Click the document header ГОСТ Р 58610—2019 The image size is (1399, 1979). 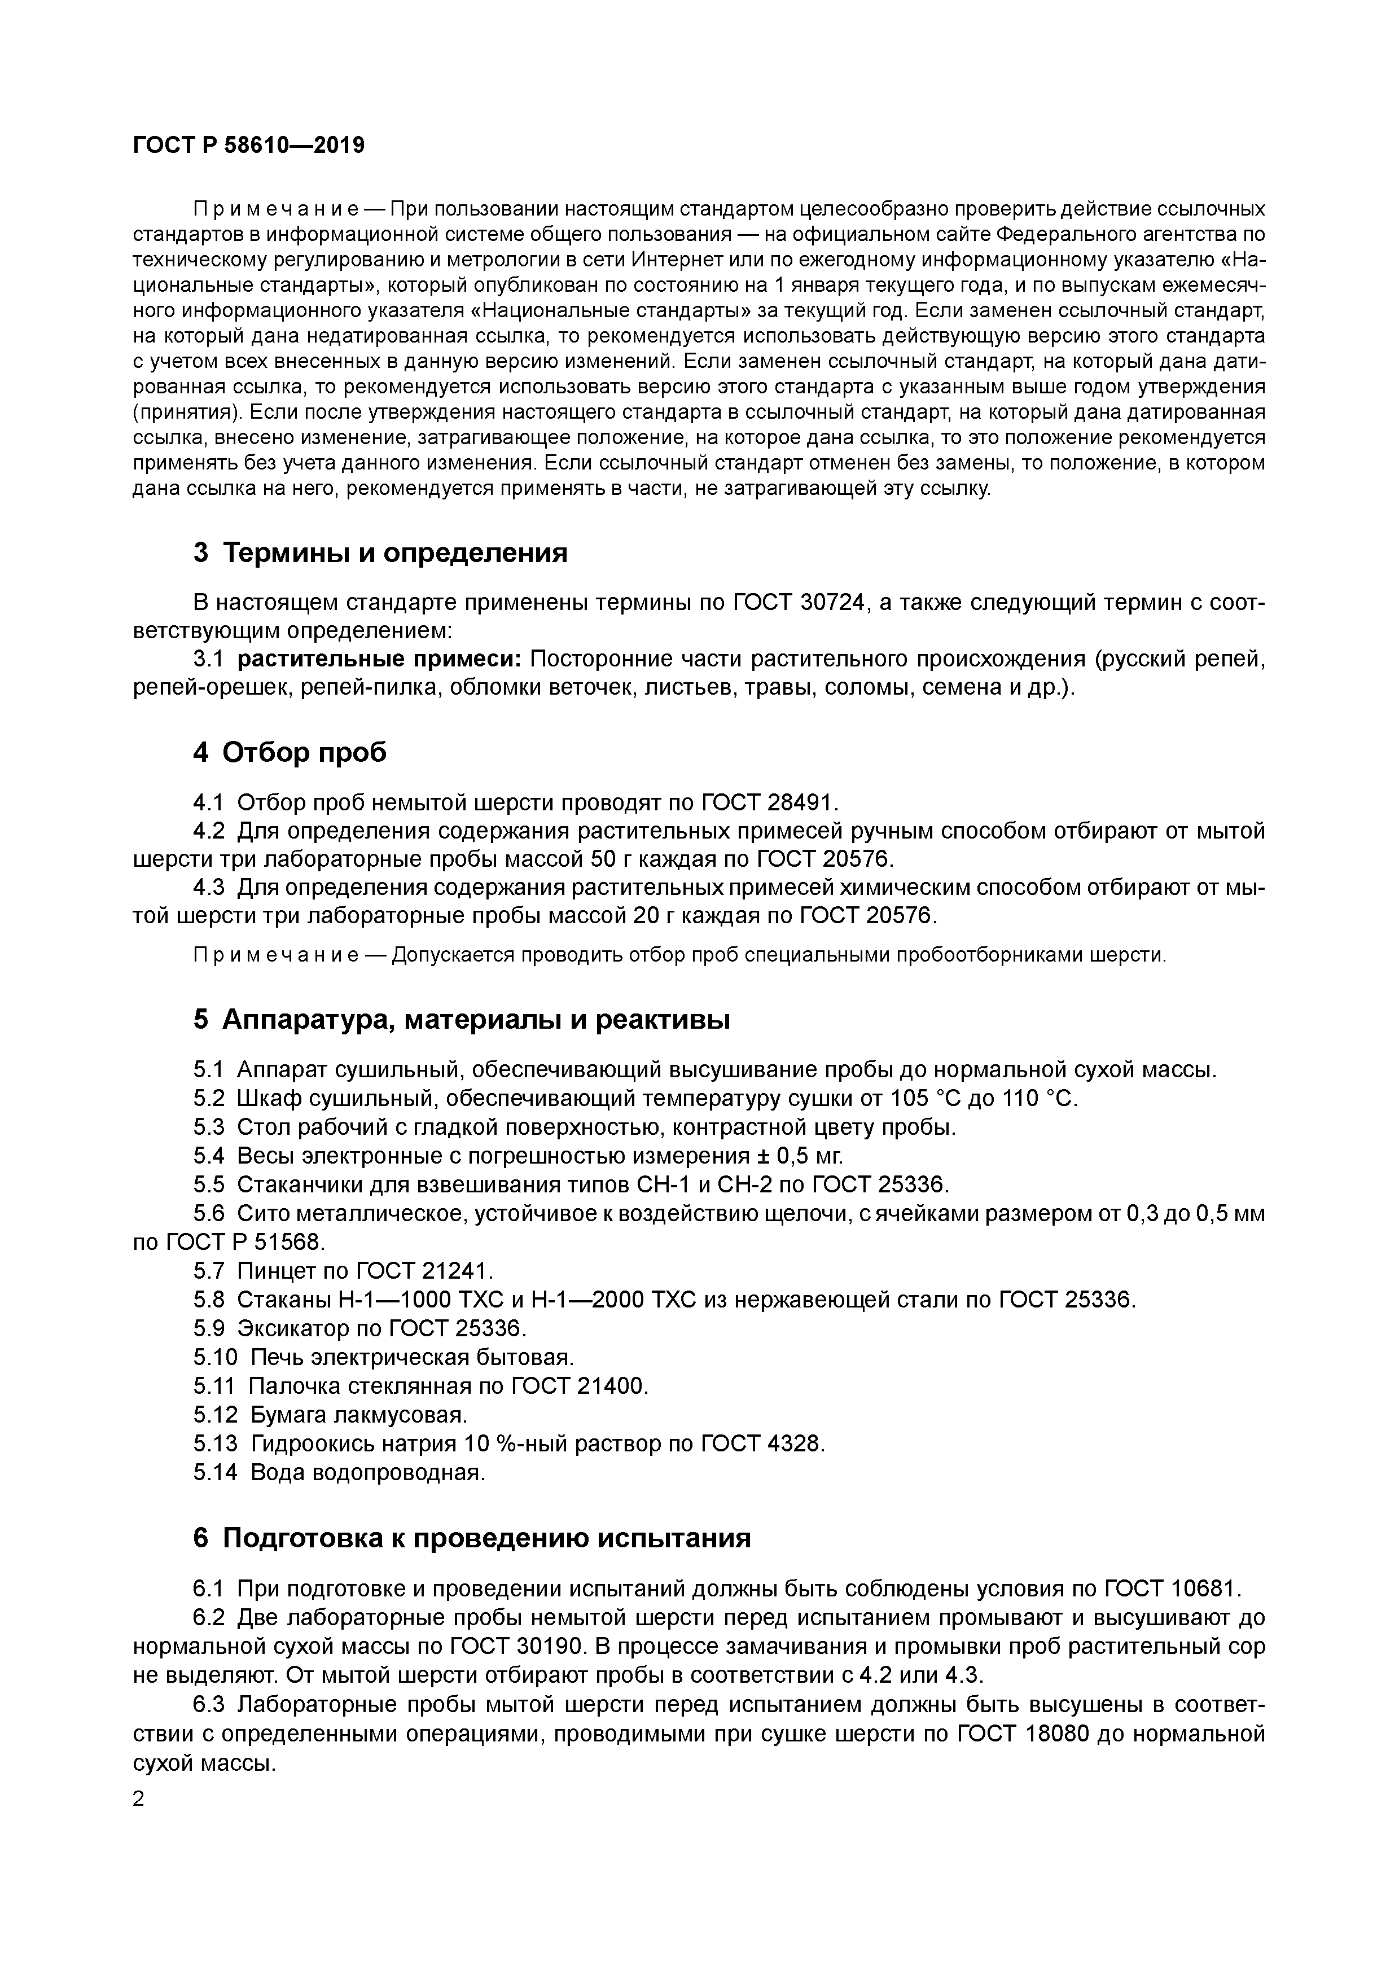tap(248, 146)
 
